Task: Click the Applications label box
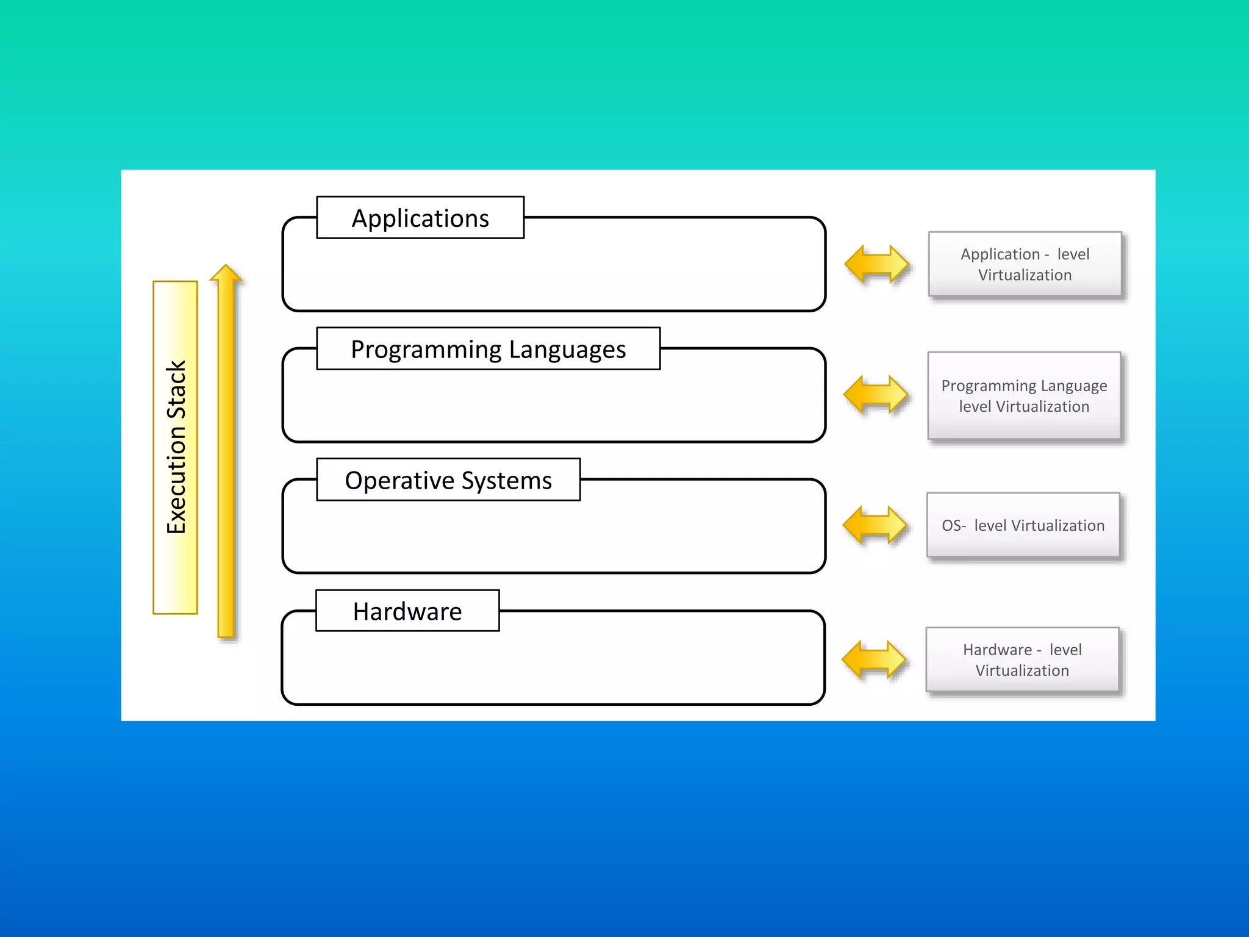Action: (x=420, y=218)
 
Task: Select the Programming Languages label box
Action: (x=488, y=349)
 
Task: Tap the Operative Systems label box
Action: (x=448, y=480)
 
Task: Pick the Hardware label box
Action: (x=407, y=611)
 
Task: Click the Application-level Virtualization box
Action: (x=1025, y=264)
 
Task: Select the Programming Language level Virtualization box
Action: (x=1024, y=396)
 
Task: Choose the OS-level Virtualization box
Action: (x=1023, y=525)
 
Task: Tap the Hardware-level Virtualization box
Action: (x=1022, y=659)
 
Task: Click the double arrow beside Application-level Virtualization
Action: (x=876, y=264)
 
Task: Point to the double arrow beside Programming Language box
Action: (x=875, y=395)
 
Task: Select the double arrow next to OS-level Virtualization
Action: (x=875, y=525)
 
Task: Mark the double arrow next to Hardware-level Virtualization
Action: (x=873, y=659)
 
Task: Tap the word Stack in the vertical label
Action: (x=176, y=389)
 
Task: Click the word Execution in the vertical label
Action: (x=176, y=480)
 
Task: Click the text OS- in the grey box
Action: (x=953, y=526)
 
